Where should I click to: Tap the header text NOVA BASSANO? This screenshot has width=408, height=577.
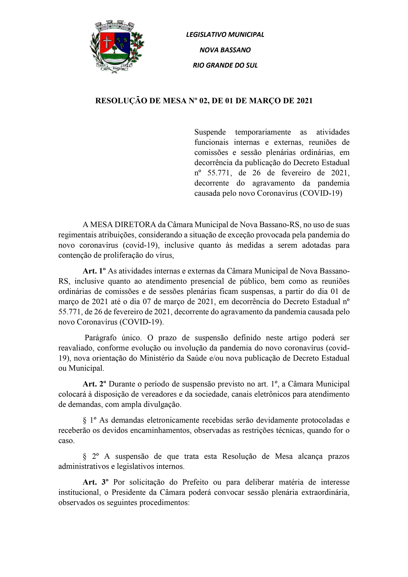click(x=225, y=50)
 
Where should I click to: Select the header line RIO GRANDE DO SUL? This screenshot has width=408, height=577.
click(x=225, y=65)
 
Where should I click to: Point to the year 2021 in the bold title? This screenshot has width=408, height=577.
click(x=304, y=101)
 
